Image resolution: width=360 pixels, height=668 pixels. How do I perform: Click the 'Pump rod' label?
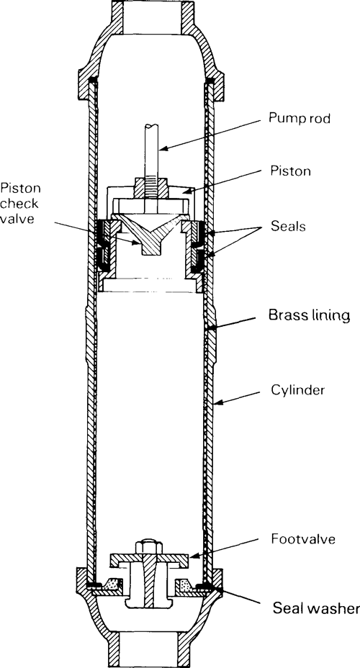tap(299, 119)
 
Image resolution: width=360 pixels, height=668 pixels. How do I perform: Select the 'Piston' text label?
tap(291, 171)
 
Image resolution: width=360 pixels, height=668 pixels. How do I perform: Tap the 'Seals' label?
tap(288, 226)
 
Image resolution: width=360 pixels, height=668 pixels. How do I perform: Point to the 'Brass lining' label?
tap(309, 316)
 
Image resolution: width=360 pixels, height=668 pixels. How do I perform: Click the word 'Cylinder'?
tap(298, 390)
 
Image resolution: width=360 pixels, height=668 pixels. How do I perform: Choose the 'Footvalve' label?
tap(303, 539)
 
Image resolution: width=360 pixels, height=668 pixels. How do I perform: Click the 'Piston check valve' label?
tap(19, 203)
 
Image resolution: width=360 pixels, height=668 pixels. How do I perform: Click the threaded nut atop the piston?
tap(151, 188)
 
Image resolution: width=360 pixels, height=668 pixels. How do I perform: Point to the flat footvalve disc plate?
tap(149, 560)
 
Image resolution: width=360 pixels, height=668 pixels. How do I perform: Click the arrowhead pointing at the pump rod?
tap(163, 149)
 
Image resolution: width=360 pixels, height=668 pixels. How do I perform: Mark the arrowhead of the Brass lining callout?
tap(210, 328)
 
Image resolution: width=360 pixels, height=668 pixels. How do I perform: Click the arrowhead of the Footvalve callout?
tap(192, 556)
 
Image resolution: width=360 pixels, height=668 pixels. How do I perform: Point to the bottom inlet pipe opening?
tap(150, 650)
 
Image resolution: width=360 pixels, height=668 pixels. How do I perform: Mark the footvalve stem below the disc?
tap(148, 587)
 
